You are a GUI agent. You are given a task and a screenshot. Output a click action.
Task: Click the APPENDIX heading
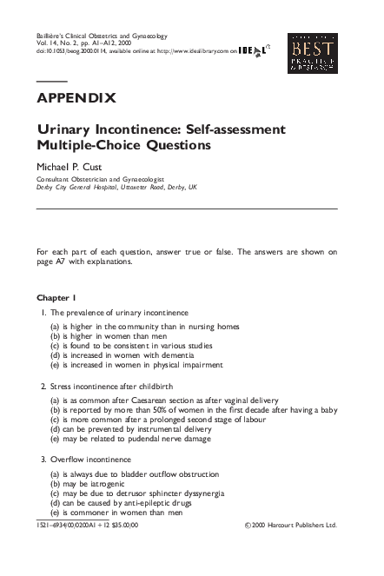[x=76, y=97]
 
